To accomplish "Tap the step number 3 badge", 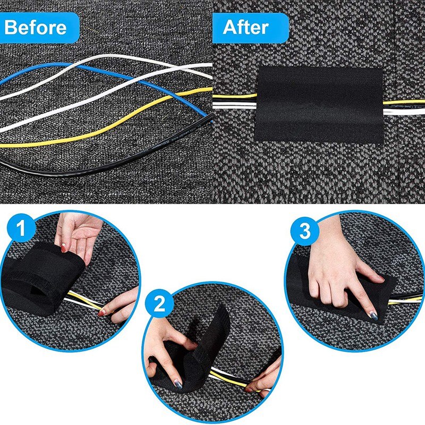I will coord(304,232).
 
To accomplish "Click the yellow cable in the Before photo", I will coord(106,133).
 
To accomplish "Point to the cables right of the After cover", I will coord(404,106).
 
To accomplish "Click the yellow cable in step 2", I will coord(228,380).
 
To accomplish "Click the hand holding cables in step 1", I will coord(120,305).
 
